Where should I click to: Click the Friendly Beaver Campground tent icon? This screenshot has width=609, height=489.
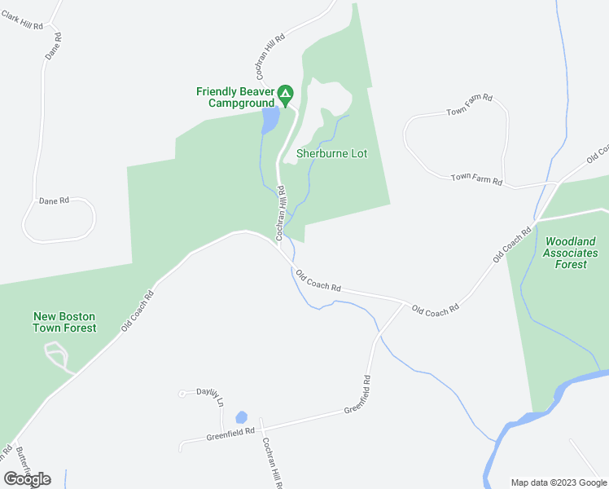click(285, 95)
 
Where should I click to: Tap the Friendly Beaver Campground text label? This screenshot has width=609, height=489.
click(234, 97)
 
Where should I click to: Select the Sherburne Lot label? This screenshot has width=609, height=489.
click(331, 153)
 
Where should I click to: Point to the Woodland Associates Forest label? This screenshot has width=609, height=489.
click(571, 253)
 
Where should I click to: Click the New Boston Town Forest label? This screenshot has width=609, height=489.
click(64, 322)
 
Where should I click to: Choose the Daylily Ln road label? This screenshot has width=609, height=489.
click(210, 396)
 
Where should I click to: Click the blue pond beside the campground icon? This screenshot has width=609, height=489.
click(270, 121)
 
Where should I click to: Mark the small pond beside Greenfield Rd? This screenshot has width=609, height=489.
click(241, 417)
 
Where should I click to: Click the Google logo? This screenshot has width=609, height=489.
click(28, 478)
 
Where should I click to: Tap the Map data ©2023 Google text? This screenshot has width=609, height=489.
click(558, 482)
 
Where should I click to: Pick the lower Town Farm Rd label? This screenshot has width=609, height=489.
click(476, 178)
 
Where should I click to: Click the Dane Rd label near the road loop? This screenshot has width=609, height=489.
click(54, 200)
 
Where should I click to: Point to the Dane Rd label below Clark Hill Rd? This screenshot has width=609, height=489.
click(54, 46)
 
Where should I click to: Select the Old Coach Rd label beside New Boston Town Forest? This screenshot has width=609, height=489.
click(138, 311)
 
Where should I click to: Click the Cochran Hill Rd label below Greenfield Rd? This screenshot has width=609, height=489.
click(271, 462)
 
